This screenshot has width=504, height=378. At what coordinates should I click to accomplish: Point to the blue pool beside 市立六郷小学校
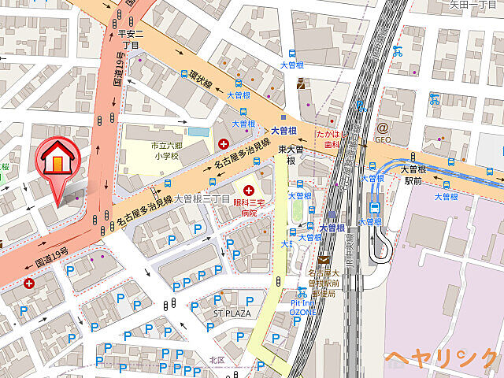[198, 132]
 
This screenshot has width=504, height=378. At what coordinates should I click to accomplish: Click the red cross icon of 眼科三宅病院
[250, 190]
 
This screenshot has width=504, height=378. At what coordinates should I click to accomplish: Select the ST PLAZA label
[232, 313]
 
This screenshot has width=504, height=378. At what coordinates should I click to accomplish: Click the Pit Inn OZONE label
[302, 307]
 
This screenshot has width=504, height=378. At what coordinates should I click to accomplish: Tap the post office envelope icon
[323, 261]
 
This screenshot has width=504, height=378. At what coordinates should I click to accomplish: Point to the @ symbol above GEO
[382, 127]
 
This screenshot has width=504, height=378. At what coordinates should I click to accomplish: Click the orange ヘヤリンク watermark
[441, 358]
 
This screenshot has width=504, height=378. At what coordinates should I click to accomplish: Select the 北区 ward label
[217, 360]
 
